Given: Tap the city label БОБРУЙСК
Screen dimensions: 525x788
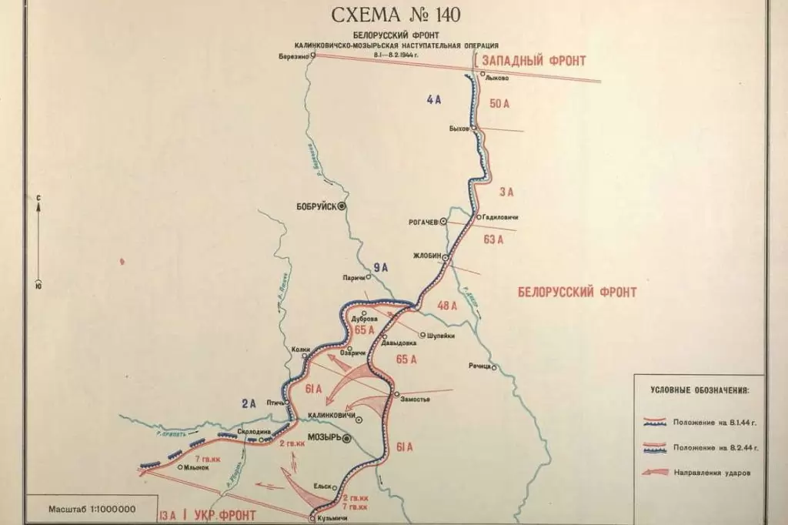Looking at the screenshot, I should click(x=316, y=207).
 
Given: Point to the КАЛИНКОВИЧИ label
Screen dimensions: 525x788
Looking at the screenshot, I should click(x=331, y=416).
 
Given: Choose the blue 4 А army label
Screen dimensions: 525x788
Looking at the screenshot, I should click(x=433, y=99).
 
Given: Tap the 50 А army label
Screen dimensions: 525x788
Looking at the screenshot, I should click(x=500, y=104).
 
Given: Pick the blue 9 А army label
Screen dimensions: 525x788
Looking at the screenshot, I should click(x=380, y=268).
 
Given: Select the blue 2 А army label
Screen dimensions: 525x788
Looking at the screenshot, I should click(x=248, y=402).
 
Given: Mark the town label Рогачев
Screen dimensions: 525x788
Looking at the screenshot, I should click(x=422, y=221).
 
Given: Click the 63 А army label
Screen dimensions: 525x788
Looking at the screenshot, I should click(x=492, y=239).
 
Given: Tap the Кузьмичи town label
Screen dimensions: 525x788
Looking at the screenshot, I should click(x=333, y=519).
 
